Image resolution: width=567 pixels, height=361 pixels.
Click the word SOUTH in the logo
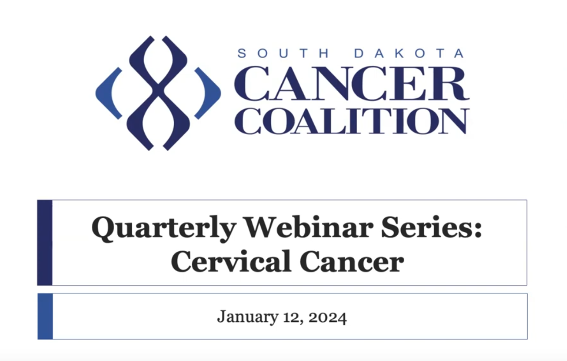pyautogui.click(x=283, y=53)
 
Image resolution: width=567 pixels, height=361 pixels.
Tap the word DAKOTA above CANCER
pyautogui.click(x=409, y=53)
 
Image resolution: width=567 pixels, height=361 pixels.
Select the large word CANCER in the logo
pyautogui.click(x=352, y=83)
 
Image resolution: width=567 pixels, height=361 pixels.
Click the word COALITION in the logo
pyautogui.click(x=352, y=121)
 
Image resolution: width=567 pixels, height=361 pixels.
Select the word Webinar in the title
pyautogui.click(x=309, y=227)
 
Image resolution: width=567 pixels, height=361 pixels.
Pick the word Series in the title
pyautogui.click(x=428, y=227)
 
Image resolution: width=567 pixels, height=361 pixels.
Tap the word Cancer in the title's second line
pyautogui.click(x=352, y=261)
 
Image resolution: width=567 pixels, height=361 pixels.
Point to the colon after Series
pyautogui.click(x=478, y=230)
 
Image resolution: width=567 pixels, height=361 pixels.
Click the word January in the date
pyautogui.click(x=248, y=317)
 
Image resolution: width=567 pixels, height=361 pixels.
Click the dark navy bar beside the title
pyautogui.click(x=45, y=242)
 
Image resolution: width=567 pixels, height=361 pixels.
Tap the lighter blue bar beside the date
pyautogui.click(x=45, y=316)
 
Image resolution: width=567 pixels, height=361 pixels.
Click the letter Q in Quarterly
pyautogui.click(x=104, y=229)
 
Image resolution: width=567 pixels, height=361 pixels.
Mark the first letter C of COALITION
pyautogui.click(x=247, y=121)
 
